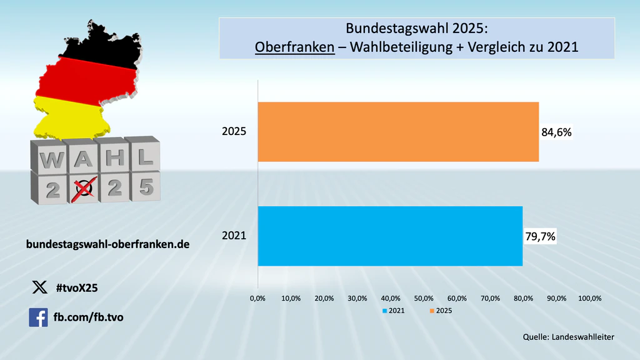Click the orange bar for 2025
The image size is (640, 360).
coord(398,132)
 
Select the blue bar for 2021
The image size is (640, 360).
coord(390,236)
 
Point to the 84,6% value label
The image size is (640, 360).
coord(556,132)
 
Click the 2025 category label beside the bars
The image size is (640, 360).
coord(234,132)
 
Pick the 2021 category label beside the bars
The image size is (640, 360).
coord(234,237)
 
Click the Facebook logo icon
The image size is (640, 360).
coord(38,317)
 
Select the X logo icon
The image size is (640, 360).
coord(39,287)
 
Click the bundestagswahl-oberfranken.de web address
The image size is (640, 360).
coord(107,244)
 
